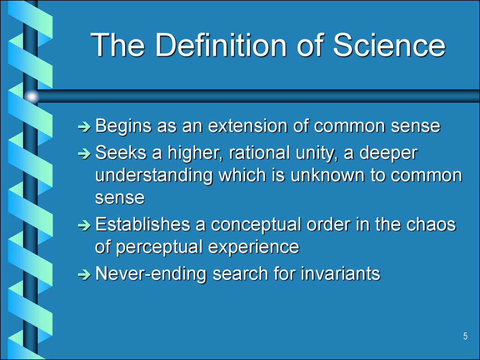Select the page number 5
click(x=465, y=336)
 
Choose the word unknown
click(x=327, y=176)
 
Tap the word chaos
click(x=430, y=225)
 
